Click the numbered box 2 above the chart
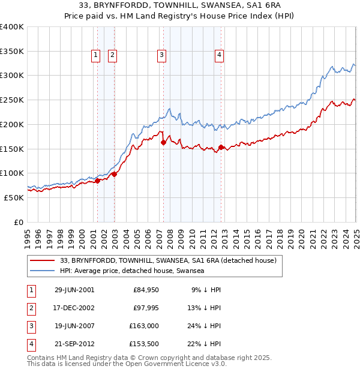pyautogui.click(x=112, y=56)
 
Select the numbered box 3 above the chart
pyautogui.click(x=162, y=56)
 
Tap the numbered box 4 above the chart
pyautogui.click(x=220, y=56)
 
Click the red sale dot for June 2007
pyautogui.click(x=163, y=142)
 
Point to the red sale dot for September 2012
pyautogui.click(x=221, y=147)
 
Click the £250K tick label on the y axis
pyautogui.click(x=12, y=100)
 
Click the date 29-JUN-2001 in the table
pyautogui.click(x=74, y=290)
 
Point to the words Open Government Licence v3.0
pyautogui.click(x=177, y=364)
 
